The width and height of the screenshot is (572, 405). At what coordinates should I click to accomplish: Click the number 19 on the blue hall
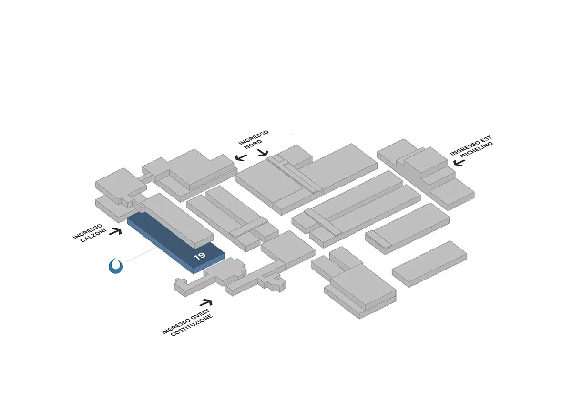click(200, 256)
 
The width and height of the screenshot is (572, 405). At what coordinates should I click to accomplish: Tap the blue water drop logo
click(116, 266)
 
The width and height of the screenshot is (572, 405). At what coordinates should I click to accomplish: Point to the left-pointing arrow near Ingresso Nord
click(240, 157)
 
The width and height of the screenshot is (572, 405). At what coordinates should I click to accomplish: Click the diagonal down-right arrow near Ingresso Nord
click(263, 153)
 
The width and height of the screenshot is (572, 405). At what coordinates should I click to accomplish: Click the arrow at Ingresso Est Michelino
click(459, 163)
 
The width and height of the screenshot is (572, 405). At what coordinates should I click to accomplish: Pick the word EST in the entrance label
click(486, 140)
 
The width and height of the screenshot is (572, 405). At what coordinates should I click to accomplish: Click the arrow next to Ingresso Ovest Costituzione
click(206, 302)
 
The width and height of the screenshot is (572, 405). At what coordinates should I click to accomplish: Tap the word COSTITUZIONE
click(193, 323)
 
